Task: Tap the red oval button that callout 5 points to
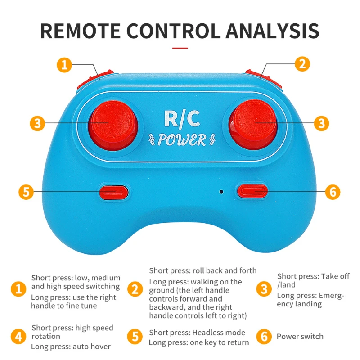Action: (x=113, y=192)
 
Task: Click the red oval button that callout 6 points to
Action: (x=252, y=191)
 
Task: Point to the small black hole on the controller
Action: (x=221, y=192)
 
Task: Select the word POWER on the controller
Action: (x=181, y=140)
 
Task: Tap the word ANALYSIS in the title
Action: (x=273, y=31)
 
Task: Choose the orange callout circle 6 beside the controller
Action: (x=333, y=192)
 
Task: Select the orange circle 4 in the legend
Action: (x=18, y=337)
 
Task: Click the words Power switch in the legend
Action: (x=300, y=337)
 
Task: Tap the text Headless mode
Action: (x=219, y=333)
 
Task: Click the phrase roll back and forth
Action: (x=225, y=270)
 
